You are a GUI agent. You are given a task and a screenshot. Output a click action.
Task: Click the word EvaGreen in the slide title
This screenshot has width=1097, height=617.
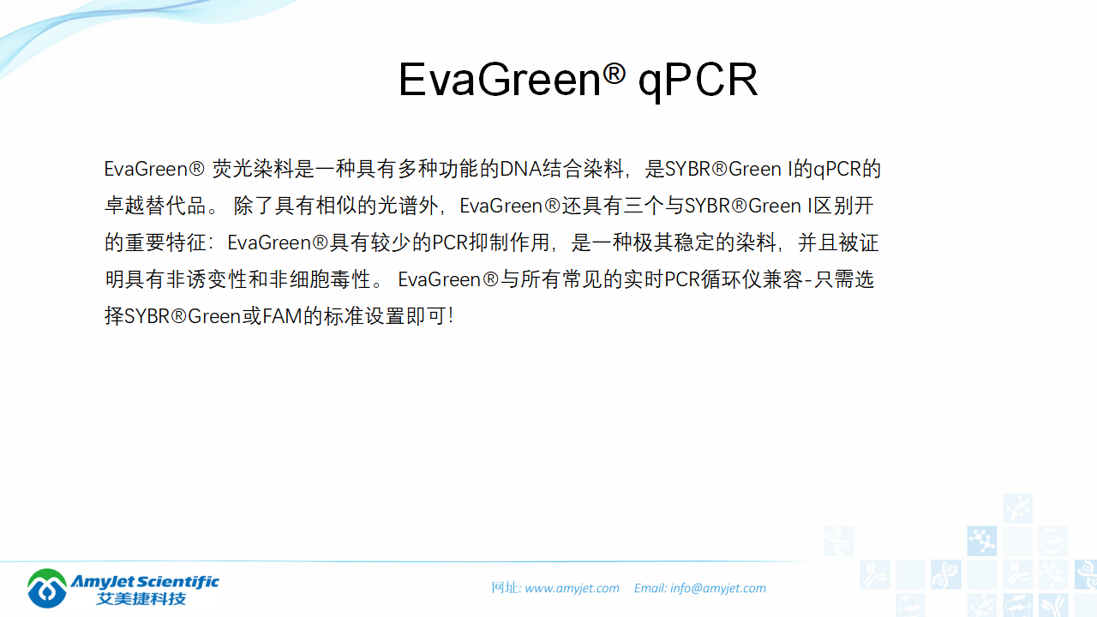[500, 81]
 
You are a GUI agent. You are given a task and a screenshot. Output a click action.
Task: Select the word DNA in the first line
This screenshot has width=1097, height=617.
[520, 169]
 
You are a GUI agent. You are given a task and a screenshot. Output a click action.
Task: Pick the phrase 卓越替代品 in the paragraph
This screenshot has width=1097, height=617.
[155, 207]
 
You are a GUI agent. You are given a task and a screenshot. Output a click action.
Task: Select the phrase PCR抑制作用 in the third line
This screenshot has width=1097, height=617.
[489, 243]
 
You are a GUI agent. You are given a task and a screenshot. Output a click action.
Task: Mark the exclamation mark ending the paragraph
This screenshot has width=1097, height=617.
[451, 316]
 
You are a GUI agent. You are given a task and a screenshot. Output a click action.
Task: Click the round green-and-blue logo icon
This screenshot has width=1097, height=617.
[47, 588]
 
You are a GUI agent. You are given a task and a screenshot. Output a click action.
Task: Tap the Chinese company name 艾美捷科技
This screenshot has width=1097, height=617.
[142, 598]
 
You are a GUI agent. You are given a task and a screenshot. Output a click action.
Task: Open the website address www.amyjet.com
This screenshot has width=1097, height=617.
[572, 588]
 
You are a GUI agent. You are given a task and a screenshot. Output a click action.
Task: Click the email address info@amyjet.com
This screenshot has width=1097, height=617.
[718, 588]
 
